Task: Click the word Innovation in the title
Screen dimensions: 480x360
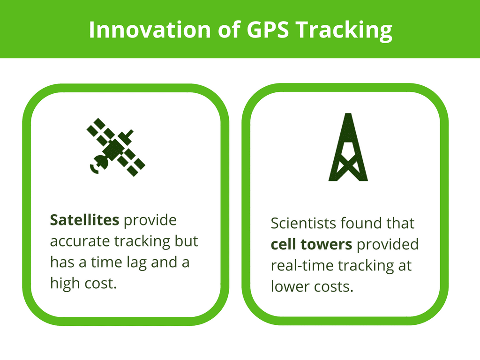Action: click(150, 30)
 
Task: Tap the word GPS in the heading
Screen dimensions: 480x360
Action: click(268, 30)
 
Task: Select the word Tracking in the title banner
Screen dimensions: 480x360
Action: click(344, 31)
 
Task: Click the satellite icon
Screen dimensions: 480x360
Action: click(116, 147)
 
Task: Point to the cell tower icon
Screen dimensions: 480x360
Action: click(348, 147)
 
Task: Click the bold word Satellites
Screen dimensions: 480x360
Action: click(84, 220)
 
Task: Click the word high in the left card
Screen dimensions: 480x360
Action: click(65, 284)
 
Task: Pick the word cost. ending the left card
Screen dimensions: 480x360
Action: click(101, 284)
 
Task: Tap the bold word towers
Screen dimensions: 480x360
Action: click(326, 245)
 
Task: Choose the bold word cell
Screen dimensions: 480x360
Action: click(283, 244)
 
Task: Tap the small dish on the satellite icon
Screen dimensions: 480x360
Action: click(99, 164)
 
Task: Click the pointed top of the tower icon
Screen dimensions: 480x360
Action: click(348, 113)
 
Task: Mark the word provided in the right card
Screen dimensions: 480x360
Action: click(388, 245)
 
